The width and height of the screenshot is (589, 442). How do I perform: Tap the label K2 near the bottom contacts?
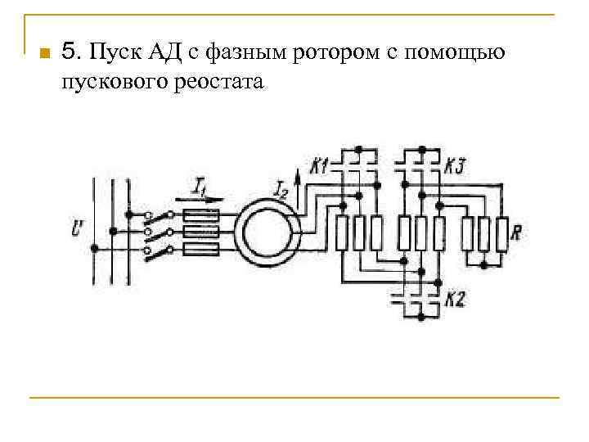(455, 300)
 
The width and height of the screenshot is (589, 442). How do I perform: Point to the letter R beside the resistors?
(516, 232)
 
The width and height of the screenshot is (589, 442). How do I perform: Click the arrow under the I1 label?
(200, 201)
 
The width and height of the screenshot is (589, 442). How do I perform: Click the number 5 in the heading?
(69, 53)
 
